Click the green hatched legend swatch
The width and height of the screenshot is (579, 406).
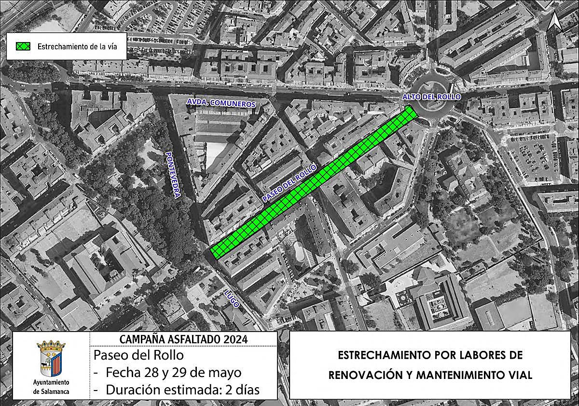22,46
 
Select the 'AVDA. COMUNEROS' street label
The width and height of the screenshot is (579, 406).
221,103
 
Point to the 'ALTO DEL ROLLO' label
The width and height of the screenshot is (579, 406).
432,97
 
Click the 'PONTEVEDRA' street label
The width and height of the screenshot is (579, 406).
173,174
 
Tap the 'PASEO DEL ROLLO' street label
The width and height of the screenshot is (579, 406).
289,183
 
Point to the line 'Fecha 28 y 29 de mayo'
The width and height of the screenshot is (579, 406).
174,373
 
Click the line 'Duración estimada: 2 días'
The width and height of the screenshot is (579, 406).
179,390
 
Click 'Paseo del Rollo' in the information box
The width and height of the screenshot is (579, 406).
139,355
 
